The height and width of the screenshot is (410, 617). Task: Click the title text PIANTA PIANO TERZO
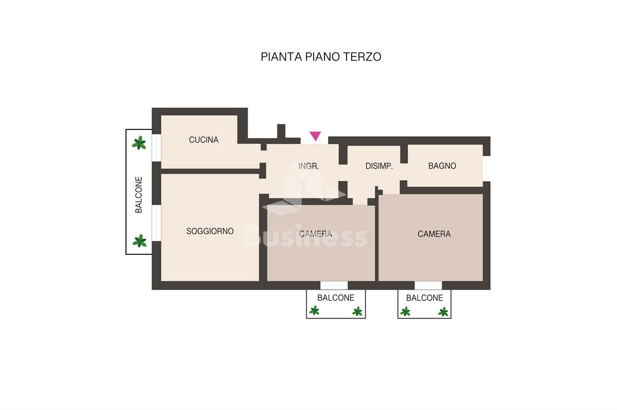tap(321, 57)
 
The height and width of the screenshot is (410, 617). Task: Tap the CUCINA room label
tap(204, 140)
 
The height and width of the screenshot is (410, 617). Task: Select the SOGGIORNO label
tap(210, 231)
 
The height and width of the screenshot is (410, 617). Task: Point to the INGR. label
tap(308, 166)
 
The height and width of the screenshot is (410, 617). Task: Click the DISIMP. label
tap(379, 166)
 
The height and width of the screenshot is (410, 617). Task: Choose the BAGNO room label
tap(442, 165)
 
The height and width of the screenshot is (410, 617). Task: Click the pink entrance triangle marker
tap(315, 136)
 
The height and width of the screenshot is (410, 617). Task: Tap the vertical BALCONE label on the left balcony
tap(138, 195)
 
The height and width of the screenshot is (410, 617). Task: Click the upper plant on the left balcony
tap(139, 143)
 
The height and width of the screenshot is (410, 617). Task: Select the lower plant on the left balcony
tap(139, 241)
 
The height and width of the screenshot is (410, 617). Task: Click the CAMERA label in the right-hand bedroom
tap(434, 234)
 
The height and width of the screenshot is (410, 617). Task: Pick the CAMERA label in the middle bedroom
tap(316, 234)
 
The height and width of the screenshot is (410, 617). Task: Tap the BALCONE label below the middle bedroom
tap(336, 297)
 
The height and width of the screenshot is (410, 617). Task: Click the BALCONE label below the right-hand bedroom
tap(425, 297)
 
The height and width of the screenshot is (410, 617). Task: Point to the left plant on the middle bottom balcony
tap(314, 311)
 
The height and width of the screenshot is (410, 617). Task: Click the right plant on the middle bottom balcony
tap(357, 311)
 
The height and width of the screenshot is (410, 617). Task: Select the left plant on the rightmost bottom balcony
tap(405, 311)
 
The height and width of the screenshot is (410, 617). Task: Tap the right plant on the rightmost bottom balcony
tap(443, 312)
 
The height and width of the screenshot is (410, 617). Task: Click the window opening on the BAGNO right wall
tap(486, 169)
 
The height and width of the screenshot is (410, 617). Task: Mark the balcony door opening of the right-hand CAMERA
tap(428, 285)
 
